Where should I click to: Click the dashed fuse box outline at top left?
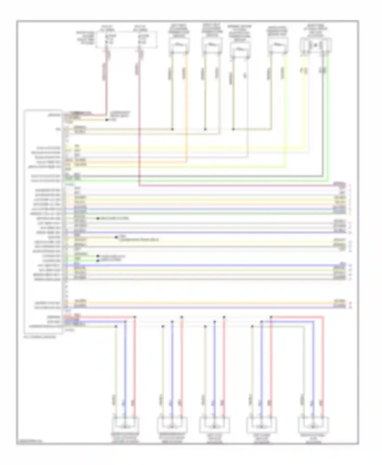(127, 40)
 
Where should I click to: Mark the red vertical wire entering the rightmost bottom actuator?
(323, 369)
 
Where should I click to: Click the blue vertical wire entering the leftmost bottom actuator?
(125, 369)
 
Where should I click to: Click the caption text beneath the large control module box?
(40, 337)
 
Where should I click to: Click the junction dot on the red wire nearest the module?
(135, 317)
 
